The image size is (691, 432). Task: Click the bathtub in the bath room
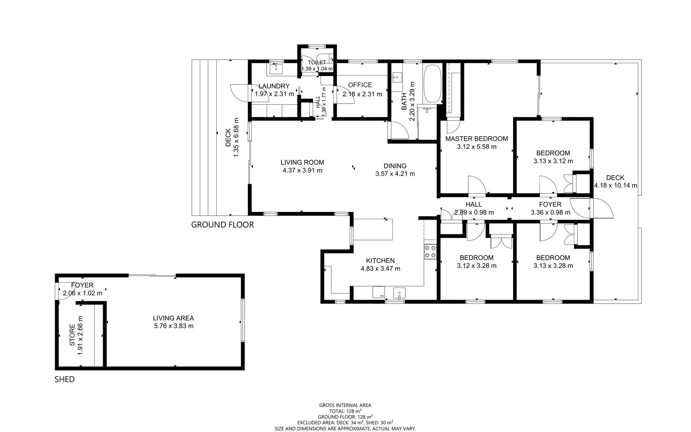click(x=432, y=84)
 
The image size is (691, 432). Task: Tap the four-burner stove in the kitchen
click(x=430, y=252)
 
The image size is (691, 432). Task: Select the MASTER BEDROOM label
click(x=476, y=139)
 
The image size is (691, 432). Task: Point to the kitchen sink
click(x=399, y=293)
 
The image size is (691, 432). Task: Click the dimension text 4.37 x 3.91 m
click(x=302, y=170)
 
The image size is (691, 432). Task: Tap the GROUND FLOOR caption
click(x=222, y=225)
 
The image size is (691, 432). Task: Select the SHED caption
click(x=64, y=379)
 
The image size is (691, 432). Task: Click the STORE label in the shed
click(x=72, y=335)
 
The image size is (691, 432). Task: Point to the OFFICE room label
click(x=360, y=85)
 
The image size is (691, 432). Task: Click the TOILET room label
click(x=317, y=62)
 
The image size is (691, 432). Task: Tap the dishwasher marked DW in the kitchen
click(x=378, y=292)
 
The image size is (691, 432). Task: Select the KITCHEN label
click(x=380, y=260)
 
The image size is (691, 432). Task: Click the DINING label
click(x=395, y=166)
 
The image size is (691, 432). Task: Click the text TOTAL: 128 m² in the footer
click(x=345, y=411)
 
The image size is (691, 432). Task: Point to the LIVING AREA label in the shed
click(x=173, y=318)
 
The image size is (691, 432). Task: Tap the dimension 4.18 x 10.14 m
click(x=615, y=186)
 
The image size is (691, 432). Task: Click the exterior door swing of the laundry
click(x=240, y=93)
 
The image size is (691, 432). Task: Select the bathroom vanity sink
click(x=397, y=76)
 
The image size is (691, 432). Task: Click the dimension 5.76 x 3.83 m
click(x=173, y=326)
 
